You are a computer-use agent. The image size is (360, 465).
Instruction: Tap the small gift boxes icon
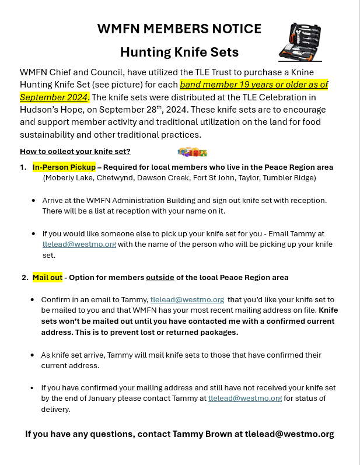coord(192,152)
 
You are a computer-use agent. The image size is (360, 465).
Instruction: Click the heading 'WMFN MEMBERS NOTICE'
coord(179,29)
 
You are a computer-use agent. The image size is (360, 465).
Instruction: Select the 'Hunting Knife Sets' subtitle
coord(179,52)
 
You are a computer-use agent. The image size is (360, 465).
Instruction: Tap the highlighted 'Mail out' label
coord(47,277)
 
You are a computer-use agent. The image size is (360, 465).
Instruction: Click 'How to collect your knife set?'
coord(75,152)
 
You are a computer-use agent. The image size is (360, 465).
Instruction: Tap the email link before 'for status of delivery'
coord(245,398)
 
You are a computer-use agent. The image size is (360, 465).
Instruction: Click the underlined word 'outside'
coord(160,277)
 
